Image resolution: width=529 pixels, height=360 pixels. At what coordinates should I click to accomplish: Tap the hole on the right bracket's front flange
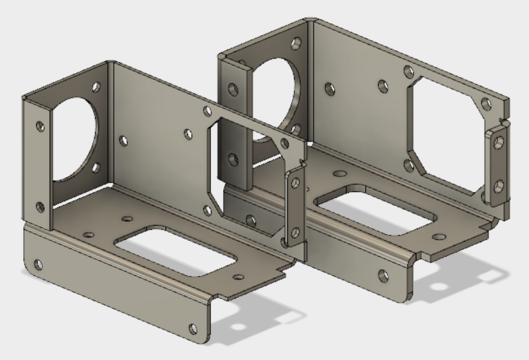click(x=383, y=276)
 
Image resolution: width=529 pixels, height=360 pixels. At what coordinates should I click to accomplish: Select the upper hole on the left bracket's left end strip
click(x=40, y=126)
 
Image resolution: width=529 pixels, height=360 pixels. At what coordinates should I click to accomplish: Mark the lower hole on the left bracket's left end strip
click(x=39, y=207)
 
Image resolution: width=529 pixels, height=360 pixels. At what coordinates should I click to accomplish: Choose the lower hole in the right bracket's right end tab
click(x=498, y=184)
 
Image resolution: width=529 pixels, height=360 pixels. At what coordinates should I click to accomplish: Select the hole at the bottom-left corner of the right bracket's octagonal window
click(x=408, y=165)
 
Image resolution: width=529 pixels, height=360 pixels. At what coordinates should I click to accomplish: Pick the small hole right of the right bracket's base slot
click(x=438, y=235)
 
